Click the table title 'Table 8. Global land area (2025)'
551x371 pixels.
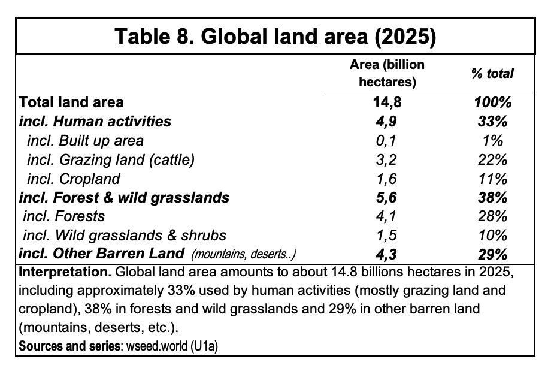(275, 36)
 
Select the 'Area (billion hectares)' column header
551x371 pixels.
(387, 73)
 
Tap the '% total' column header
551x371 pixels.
(492, 74)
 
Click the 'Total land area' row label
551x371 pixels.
(71, 102)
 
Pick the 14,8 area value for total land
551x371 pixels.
(387, 102)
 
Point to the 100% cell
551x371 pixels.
(493, 102)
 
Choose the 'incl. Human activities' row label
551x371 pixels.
(95, 121)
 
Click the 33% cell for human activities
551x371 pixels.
(493, 121)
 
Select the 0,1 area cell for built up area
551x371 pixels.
(386, 141)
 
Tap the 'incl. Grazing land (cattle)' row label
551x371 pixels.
(111, 159)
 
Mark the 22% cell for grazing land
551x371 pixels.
(493, 159)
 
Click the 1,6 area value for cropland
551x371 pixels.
(386, 179)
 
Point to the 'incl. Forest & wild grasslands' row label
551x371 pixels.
(124, 198)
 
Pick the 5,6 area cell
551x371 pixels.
(386, 198)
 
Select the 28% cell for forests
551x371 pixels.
(493, 216)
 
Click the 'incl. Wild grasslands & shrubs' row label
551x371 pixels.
(125, 235)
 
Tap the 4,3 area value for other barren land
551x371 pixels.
(386, 254)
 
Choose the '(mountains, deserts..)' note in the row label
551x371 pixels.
(243, 254)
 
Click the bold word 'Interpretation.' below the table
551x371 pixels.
(65, 272)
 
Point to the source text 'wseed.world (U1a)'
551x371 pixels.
(172, 346)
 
